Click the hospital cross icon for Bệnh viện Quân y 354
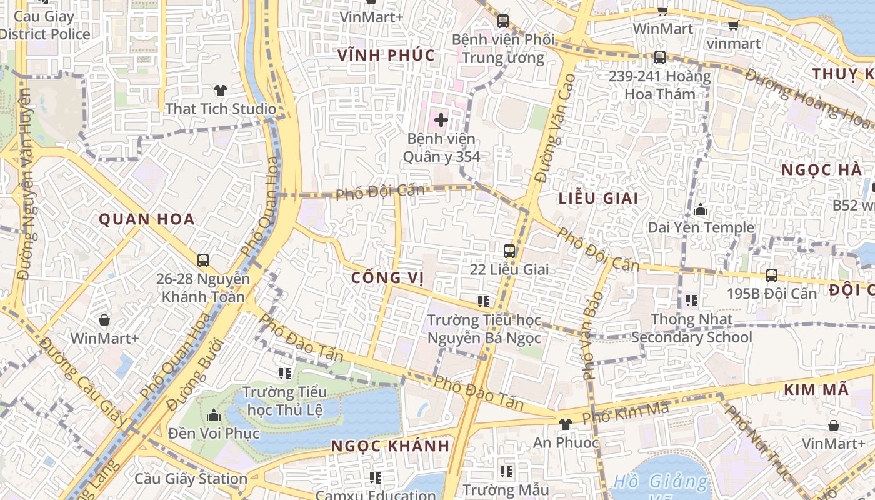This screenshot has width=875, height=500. pyautogui.click(x=441, y=119)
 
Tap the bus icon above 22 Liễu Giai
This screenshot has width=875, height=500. pyautogui.click(x=509, y=251)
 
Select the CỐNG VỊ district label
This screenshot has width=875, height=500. pyautogui.click(x=387, y=277)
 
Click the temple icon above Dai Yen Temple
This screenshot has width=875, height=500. pyautogui.click(x=701, y=209)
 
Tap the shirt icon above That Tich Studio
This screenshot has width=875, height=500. pyautogui.click(x=220, y=91)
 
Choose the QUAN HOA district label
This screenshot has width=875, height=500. pyautogui.click(x=147, y=219)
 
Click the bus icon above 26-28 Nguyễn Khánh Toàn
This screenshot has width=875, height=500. pyautogui.click(x=203, y=261)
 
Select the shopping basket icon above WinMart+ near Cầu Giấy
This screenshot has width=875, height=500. pyautogui.click(x=104, y=321)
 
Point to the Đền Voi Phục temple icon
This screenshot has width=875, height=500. pyautogui.click(x=214, y=415)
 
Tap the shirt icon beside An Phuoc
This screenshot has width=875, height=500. pyautogui.click(x=565, y=424)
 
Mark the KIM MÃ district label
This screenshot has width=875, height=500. pyautogui.click(x=816, y=390)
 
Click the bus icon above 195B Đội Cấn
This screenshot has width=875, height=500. pyautogui.click(x=772, y=276)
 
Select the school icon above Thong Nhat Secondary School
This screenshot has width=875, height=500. pyautogui.click(x=691, y=301)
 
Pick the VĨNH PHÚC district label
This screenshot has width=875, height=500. pyautogui.click(x=386, y=55)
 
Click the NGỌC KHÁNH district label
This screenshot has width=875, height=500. pyautogui.click(x=390, y=446)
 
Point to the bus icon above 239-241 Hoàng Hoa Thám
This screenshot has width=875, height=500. pyautogui.click(x=659, y=57)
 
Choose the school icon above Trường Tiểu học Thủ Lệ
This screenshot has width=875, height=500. pyautogui.click(x=285, y=374)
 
